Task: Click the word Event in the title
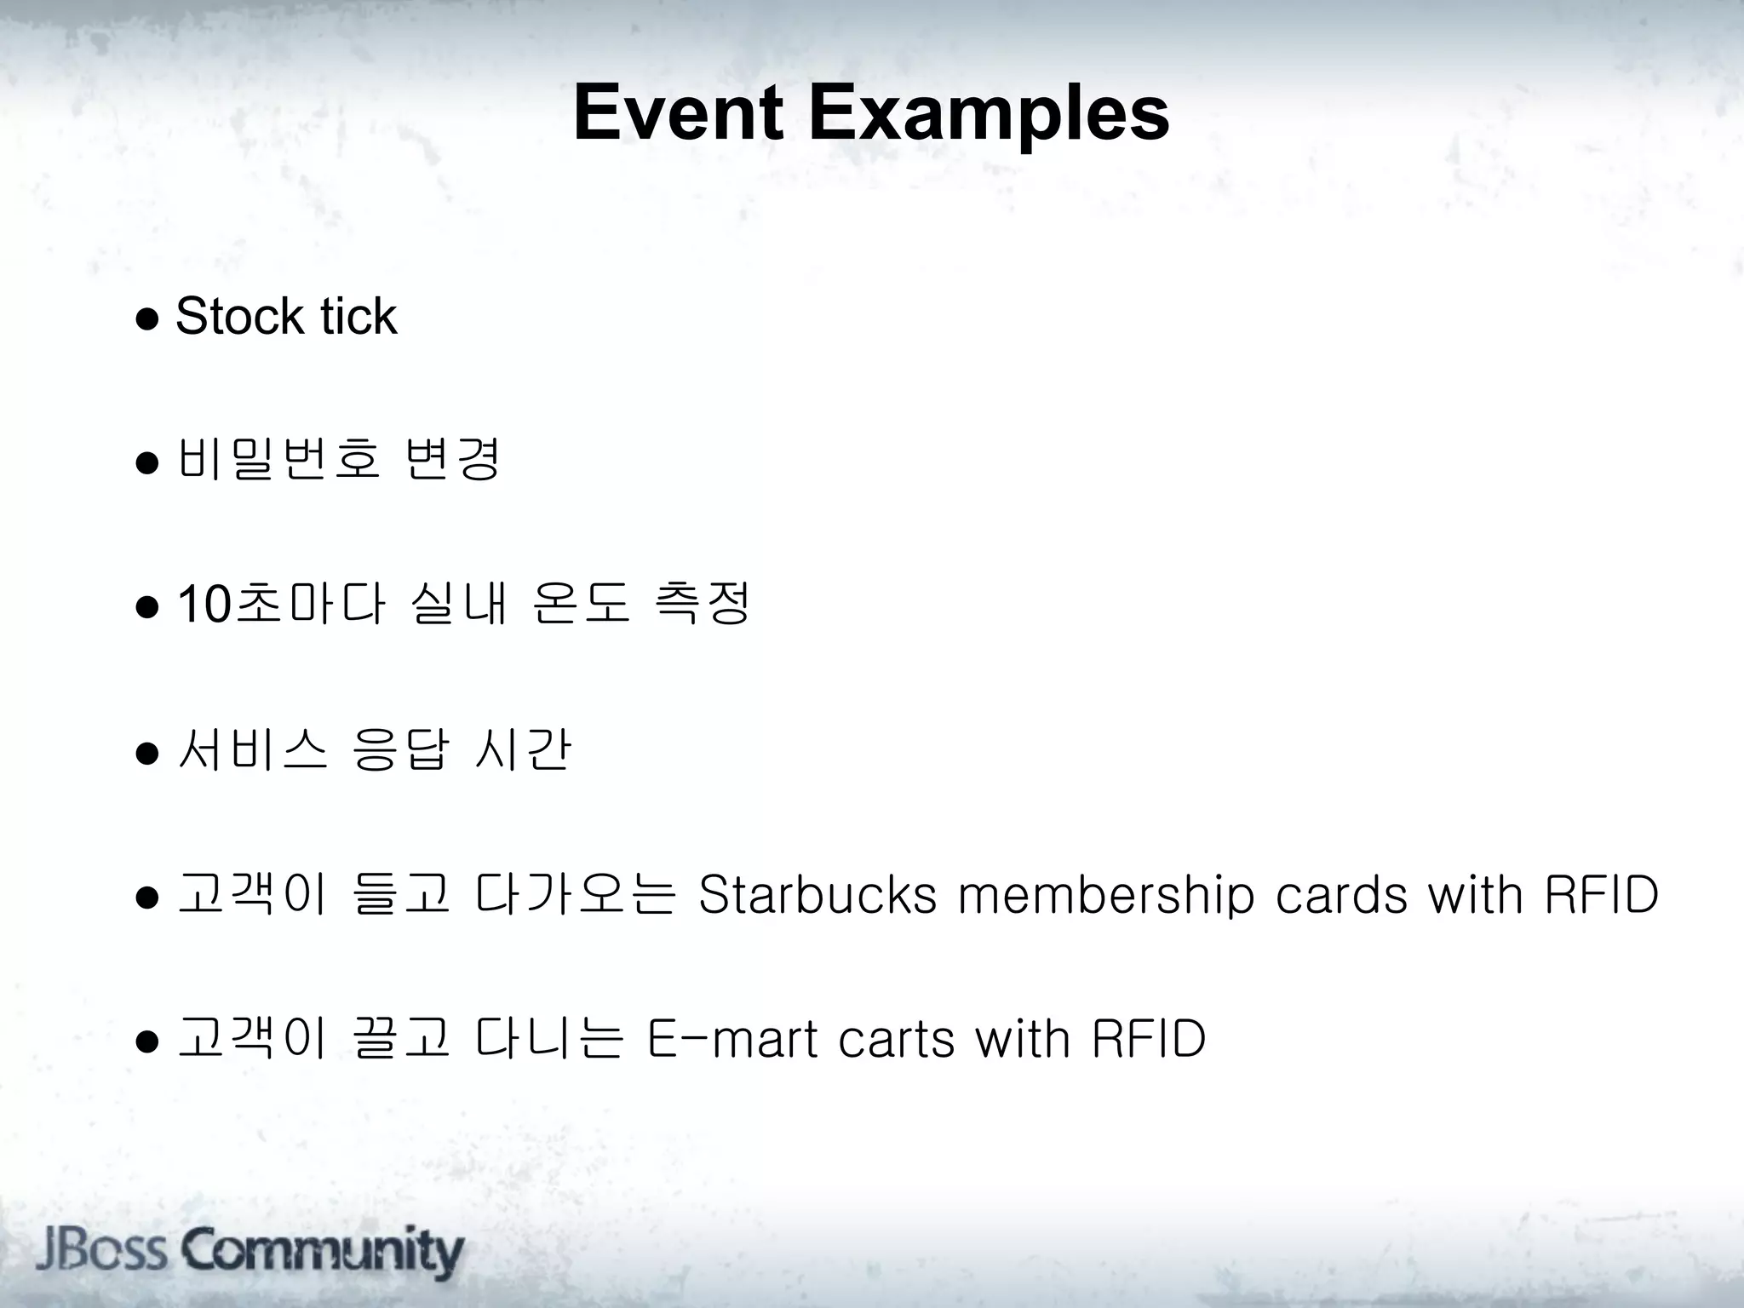[x=678, y=113]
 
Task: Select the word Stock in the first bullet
[x=239, y=317]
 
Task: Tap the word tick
[x=359, y=317]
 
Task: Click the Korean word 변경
[x=452, y=460]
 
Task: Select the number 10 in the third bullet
[x=204, y=605]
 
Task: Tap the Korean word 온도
[x=581, y=604]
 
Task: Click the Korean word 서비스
[x=252, y=750]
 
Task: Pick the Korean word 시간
[x=521, y=750]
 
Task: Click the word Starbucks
[x=817, y=895]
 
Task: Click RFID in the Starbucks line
[x=1601, y=895]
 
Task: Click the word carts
[x=897, y=1040]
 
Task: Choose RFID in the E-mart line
[x=1149, y=1040]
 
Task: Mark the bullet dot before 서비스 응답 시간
[x=147, y=754]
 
